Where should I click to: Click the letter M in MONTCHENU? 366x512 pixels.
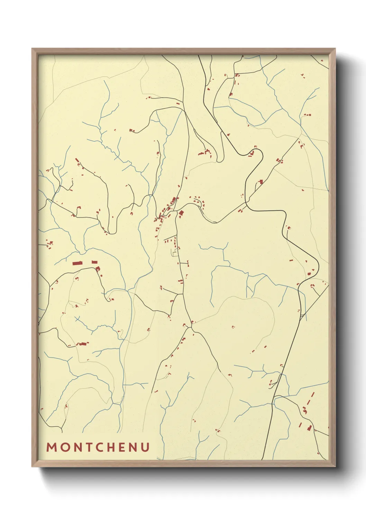pyautogui.click(x=52, y=447)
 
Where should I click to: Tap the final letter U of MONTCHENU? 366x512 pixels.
pyautogui.click(x=146, y=447)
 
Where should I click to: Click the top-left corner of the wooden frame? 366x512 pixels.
pyautogui.click(x=32, y=49)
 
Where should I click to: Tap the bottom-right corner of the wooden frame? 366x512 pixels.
pyautogui.click(x=335, y=466)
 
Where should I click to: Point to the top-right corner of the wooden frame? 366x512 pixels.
pyautogui.click(x=335, y=49)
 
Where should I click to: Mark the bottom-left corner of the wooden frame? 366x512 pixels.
pyautogui.click(x=32, y=466)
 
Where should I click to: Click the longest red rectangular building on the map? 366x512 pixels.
pyautogui.click(x=77, y=263)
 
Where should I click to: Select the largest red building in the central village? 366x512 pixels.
pyautogui.click(x=181, y=213)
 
